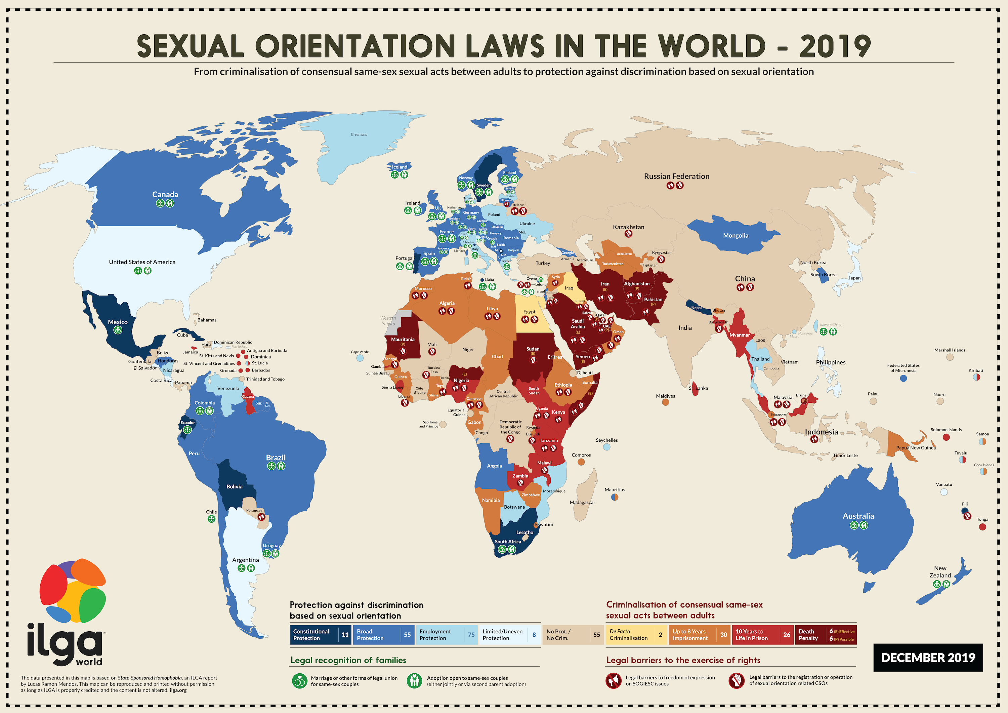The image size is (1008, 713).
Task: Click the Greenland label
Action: (x=359, y=134)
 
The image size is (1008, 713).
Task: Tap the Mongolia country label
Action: (x=736, y=235)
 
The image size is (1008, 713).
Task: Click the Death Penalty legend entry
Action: (x=825, y=635)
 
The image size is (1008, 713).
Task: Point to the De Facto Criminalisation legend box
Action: (x=636, y=635)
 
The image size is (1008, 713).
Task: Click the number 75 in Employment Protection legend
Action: (x=471, y=635)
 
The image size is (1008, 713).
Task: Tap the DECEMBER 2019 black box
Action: (x=928, y=658)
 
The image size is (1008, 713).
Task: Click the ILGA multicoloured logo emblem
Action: (x=73, y=591)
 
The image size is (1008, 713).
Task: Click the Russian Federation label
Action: (x=677, y=176)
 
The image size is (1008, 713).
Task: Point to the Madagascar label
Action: (x=582, y=503)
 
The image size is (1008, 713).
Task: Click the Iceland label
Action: (x=399, y=167)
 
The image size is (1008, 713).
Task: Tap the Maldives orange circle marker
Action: (x=665, y=402)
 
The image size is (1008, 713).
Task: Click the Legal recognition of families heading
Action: (x=348, y=660)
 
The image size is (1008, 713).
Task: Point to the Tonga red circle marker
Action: (x=982, y=527)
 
